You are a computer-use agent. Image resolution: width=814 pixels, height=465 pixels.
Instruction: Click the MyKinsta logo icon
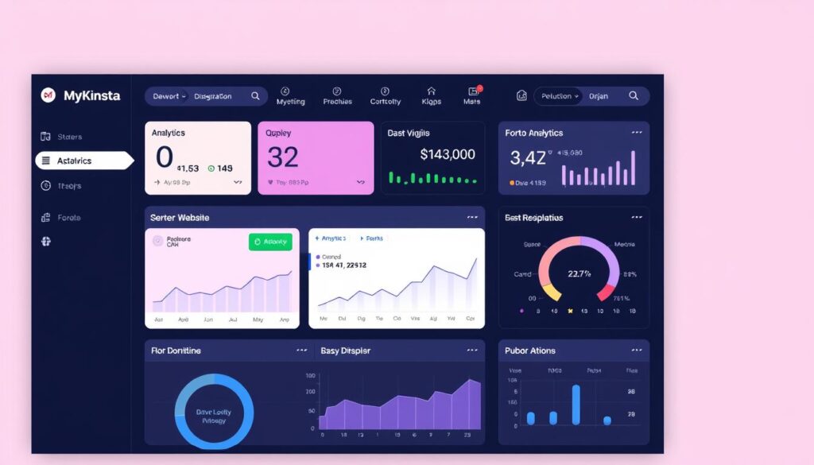pos(48,95)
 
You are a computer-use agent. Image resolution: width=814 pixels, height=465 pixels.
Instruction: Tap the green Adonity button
pos(270,242)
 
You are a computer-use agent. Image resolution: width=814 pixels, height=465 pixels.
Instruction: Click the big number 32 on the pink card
pos(283,157)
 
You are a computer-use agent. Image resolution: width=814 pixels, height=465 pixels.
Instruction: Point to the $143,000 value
pos(448,154)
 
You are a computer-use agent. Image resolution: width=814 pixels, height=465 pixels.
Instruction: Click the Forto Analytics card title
pos(533,133)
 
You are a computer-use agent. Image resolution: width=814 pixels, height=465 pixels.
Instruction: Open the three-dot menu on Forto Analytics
pos(637,133)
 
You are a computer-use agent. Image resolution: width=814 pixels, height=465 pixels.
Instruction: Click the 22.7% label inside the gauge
pos(579,273)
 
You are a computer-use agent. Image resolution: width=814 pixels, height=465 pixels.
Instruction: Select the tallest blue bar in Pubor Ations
pos(576,405)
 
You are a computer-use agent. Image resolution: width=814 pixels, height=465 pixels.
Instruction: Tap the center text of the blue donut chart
pos(213,416)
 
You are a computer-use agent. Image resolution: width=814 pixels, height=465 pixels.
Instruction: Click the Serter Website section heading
pos(180,217)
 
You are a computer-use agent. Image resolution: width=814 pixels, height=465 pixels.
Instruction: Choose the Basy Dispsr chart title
pos(345,351)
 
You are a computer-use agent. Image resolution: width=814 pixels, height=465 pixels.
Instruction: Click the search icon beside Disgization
pos(255,96)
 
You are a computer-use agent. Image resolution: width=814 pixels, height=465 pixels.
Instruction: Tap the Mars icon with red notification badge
pos(473,92)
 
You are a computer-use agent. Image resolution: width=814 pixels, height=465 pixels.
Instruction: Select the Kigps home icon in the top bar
pos(432,92)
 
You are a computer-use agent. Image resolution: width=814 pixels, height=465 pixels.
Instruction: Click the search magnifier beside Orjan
pos(634,95)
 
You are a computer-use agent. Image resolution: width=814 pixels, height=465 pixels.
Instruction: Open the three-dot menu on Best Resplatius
pos(637,217)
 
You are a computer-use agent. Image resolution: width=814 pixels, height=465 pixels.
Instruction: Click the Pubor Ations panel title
pos(530,351)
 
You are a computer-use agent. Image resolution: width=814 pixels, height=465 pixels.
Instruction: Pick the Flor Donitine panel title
pos(176,351)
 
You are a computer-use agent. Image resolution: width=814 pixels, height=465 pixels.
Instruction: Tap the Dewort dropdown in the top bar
pos(169,96)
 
